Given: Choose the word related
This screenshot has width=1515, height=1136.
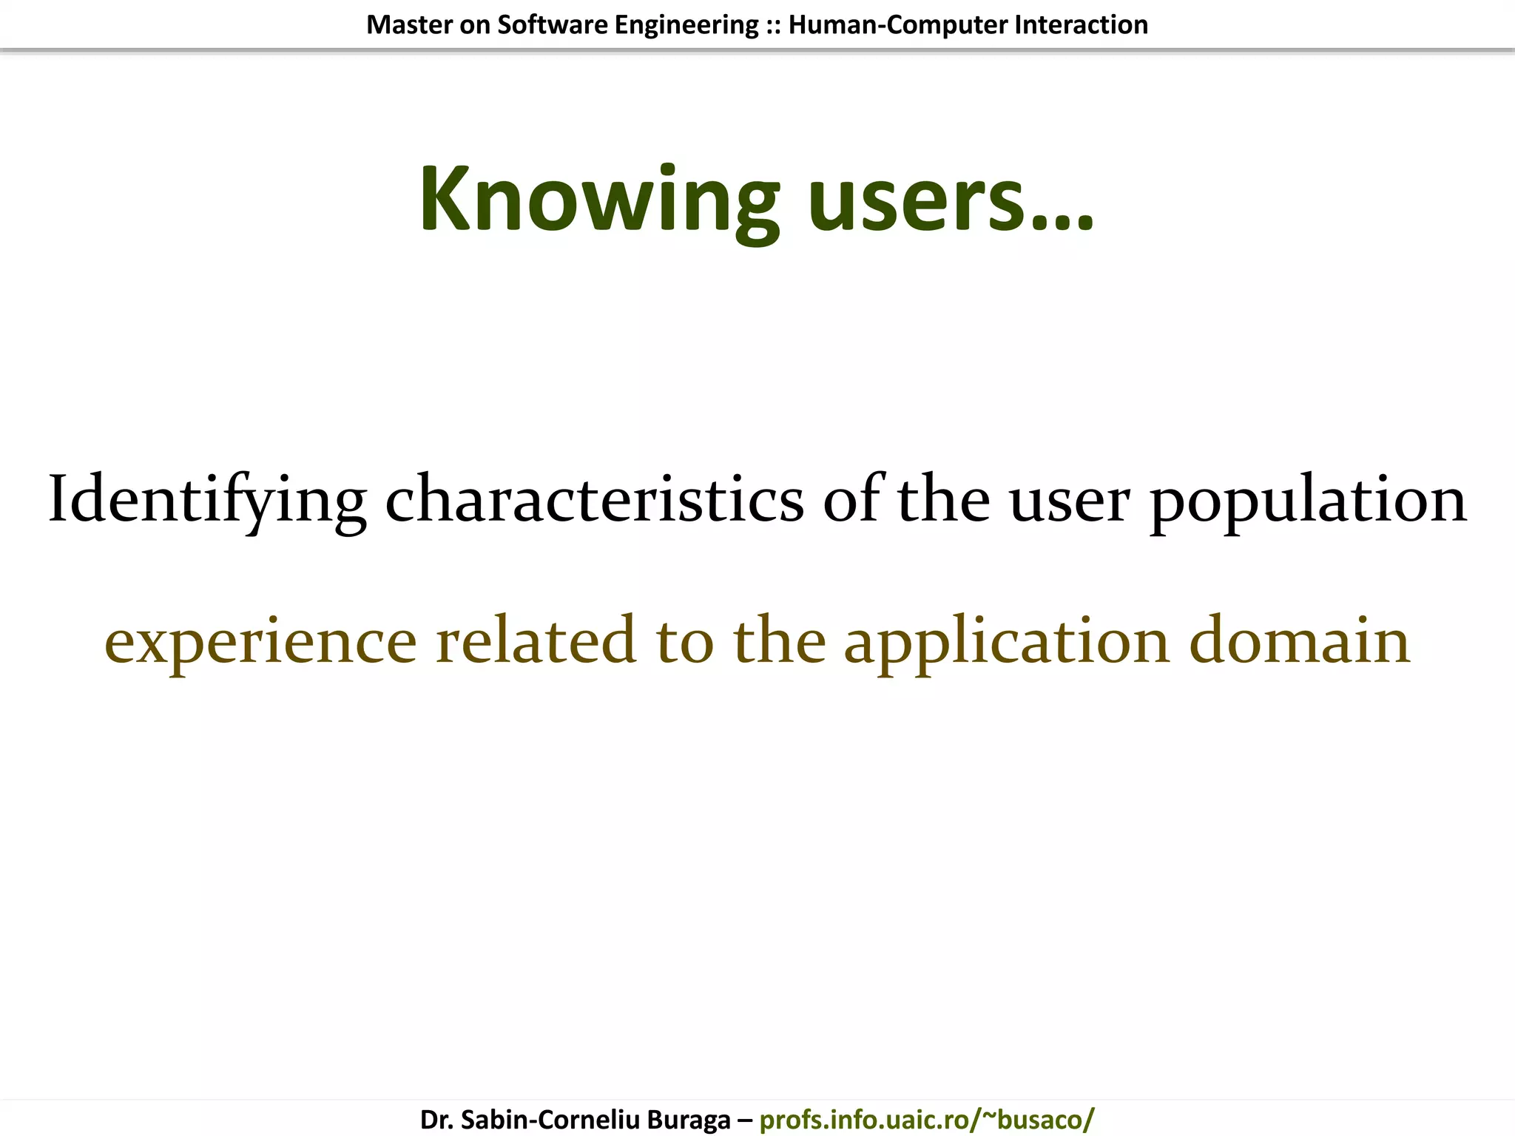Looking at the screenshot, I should (x=536, y=640).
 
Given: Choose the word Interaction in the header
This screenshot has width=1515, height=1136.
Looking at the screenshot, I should (x=1081, y=25).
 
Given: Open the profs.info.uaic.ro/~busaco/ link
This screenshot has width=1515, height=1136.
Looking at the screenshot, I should (x=926, y=1120).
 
